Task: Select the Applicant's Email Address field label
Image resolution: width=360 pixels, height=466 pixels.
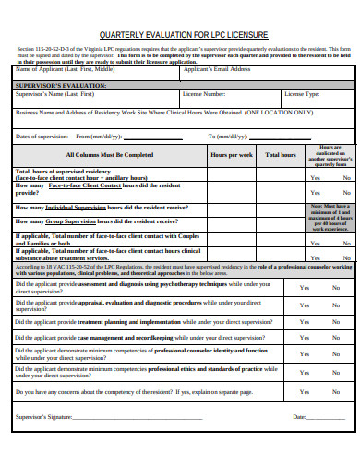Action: [217, 69]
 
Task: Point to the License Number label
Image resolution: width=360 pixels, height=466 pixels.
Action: [204, 94]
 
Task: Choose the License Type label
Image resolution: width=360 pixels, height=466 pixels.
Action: [302, 94]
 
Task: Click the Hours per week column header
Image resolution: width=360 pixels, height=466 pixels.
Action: [232, 155]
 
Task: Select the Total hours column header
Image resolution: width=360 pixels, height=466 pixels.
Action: [281, 155]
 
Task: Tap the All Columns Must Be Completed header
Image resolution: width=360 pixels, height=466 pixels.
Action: [110, 155]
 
